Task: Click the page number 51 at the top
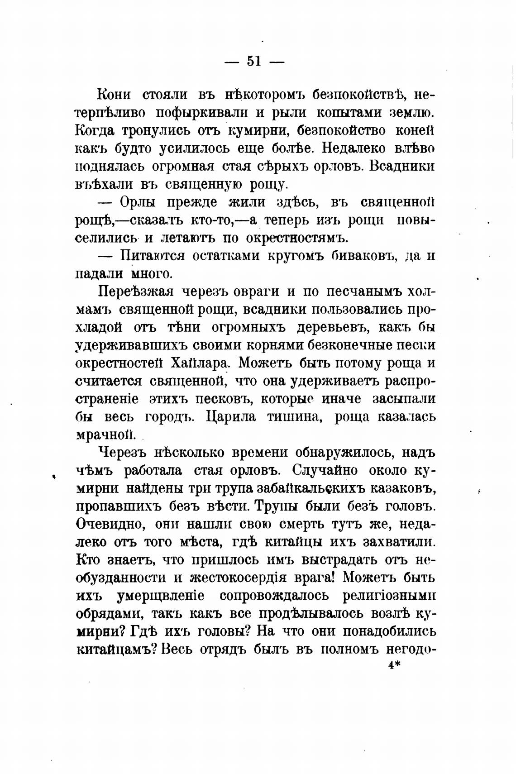(x=254, y=61)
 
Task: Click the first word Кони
(x=114, y=95)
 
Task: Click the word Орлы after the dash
(x=139, y=202)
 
